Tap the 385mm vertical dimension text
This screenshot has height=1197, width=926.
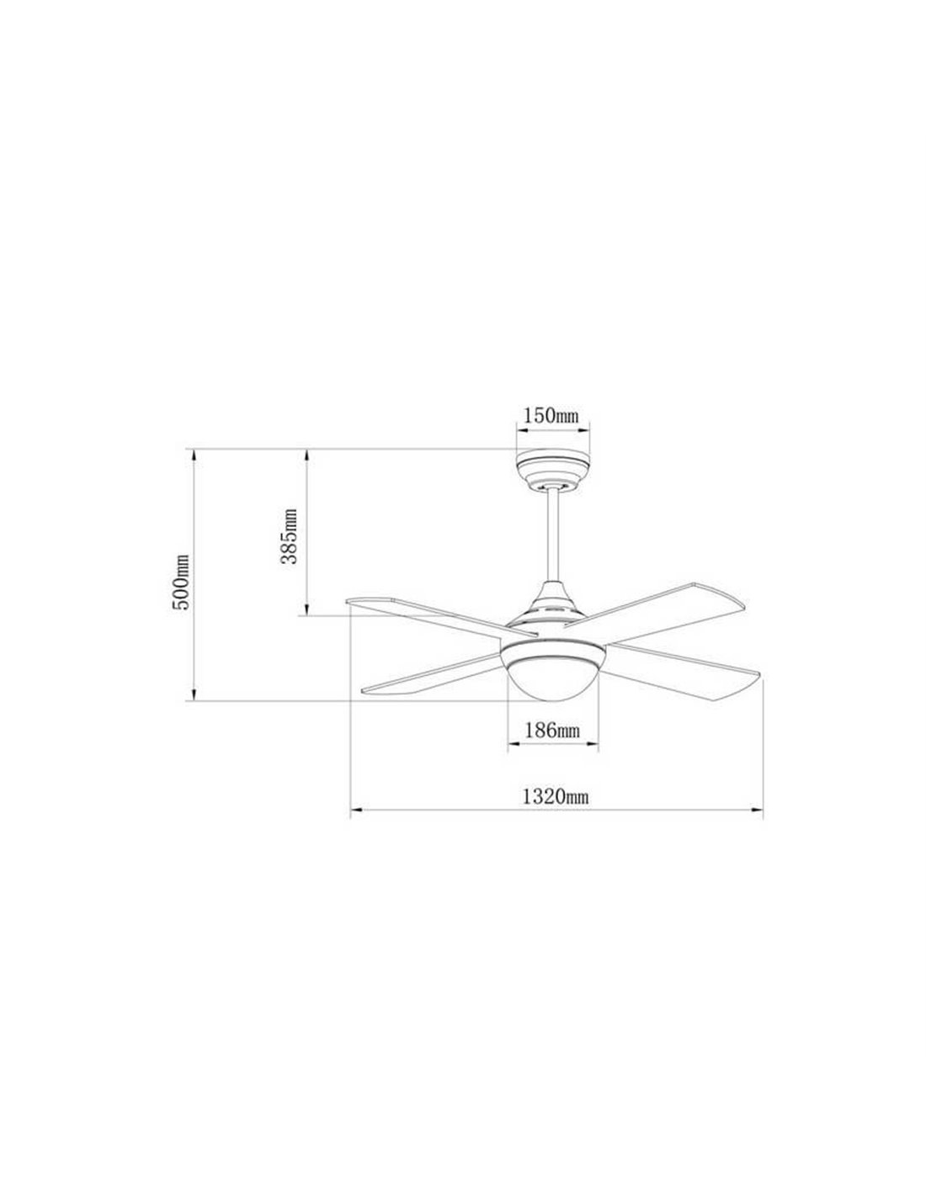pos(290,536)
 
